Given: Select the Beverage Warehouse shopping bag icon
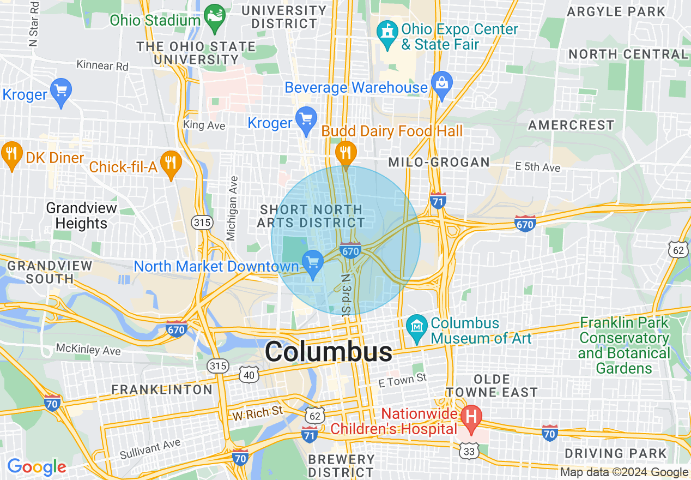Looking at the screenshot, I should pos(441,83).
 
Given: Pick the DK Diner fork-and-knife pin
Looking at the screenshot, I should pos(11,154).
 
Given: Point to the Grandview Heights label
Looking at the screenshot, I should pos(81,216).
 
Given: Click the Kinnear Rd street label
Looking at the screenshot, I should pos(102,65).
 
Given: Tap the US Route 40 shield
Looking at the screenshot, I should pos(248,375).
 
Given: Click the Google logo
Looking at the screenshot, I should pos(37,467).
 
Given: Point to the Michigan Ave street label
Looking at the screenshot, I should pos(233,208).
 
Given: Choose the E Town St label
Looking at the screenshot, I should pos(403,380).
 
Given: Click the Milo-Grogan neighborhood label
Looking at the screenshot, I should pos(439,162).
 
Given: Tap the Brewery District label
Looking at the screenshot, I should pos(341,465).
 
